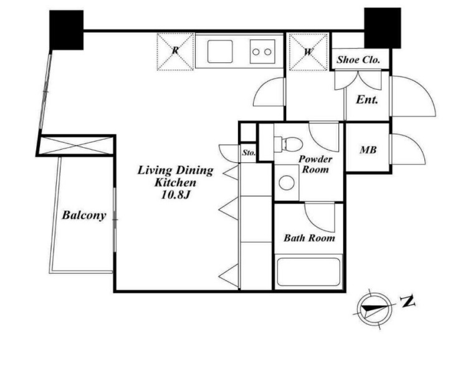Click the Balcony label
pos(84,215)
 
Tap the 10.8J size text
pos(175,195)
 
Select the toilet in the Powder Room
pos(288,144)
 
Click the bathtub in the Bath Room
pos(309,272)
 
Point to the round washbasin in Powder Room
pos(287,183)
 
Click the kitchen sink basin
pos(220,51)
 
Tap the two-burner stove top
pos(262,52)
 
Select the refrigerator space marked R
pos(175,51)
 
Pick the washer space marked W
pos(309,52)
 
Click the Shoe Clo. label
pos(358,60)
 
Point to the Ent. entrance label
pos(366,100)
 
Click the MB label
pos(368,150)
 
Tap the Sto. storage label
pos(249,153)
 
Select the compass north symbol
pos(374,309)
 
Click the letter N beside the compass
pos(408,301)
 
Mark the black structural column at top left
pos(66,30)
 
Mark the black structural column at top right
pos(382,28)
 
